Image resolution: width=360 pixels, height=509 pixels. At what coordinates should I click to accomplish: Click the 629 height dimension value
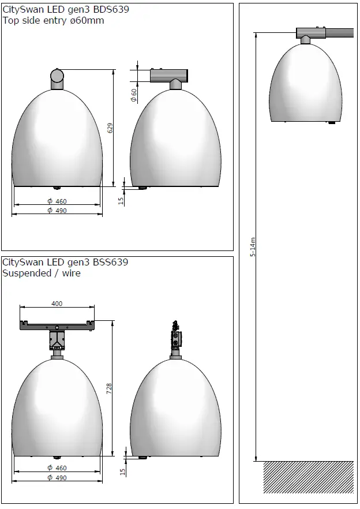click(x=110, y=128)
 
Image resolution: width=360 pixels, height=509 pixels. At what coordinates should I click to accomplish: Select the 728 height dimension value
click(x=110, y=389)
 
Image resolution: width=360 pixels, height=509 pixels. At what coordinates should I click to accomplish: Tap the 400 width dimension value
click(x=57, y=304)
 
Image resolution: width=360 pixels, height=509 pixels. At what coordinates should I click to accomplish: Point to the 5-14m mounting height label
click(x=253, y=248)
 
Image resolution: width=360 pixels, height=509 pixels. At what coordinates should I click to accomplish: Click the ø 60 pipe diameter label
click(x=134, y=95)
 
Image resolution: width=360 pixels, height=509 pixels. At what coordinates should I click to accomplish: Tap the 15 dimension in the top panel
click(x=121, y=201)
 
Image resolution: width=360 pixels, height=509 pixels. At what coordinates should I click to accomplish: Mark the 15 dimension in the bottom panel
click(x=121, y=471)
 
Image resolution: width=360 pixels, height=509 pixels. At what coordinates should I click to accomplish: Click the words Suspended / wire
click(x=42, y=273)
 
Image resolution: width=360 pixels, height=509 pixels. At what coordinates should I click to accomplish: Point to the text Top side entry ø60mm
click(x=54, y=21)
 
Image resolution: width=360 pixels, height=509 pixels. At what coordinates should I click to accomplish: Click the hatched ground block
click(x=308, y=477)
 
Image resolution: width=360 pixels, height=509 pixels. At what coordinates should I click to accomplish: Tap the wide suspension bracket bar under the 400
click(x=57, y=326)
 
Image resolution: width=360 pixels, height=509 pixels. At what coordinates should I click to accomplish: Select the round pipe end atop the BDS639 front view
click(x=57, y=76)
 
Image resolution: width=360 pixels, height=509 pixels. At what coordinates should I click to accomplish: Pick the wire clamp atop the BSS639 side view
click(x=175, y=335)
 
